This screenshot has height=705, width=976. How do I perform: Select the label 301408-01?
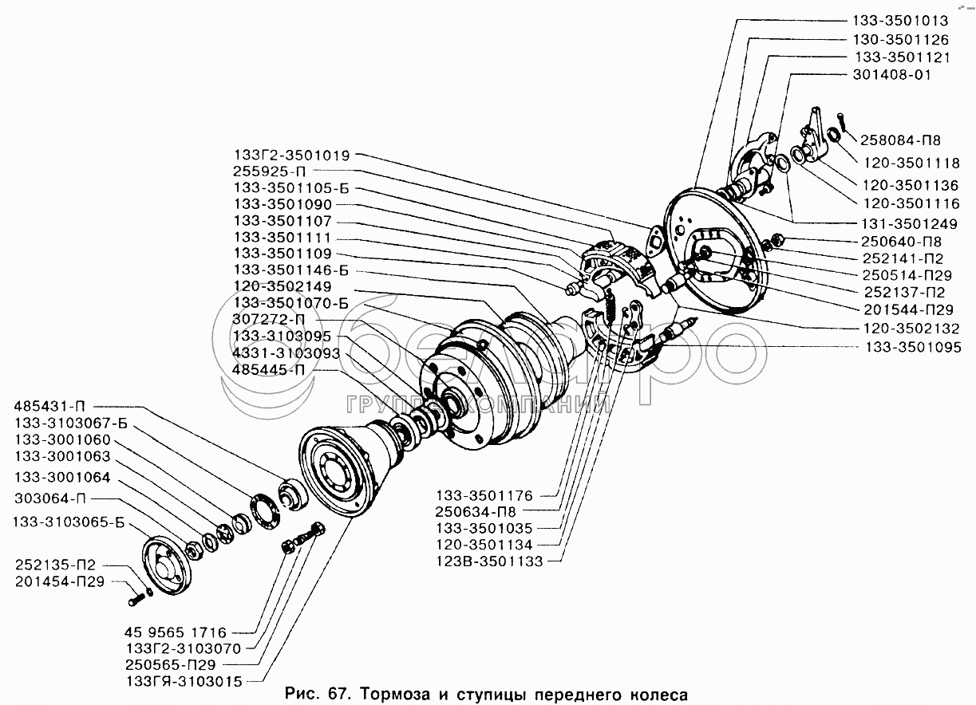point(892,75)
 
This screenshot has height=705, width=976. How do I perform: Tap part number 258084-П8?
point(900,140)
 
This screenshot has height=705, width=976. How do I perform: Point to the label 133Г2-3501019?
point(292,155)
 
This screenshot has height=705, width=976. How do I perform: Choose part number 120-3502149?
point(283,286)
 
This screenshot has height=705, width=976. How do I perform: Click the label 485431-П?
point(49,406)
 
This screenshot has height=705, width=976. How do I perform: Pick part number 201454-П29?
point(60,581)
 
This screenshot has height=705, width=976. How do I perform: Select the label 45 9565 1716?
point(175,632)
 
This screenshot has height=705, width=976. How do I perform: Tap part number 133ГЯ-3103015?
point(184,682)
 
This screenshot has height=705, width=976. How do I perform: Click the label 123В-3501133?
point(489,561)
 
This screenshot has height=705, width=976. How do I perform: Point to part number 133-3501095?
point(913,347)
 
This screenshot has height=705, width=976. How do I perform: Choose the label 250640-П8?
point(901,242)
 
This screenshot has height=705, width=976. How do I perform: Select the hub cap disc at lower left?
point(167,565)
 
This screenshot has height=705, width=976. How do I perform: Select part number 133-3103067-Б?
point(71,423)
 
